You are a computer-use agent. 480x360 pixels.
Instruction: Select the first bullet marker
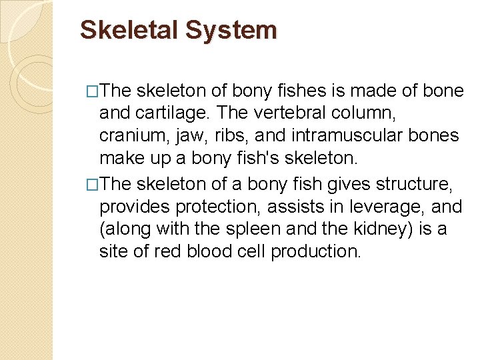point(93,92)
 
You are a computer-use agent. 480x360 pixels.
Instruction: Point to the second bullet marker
point(93,185)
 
